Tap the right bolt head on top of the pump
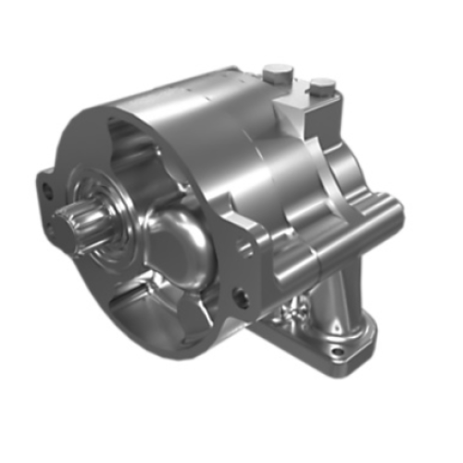coord(320,86)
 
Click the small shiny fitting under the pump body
coord(294,315)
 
